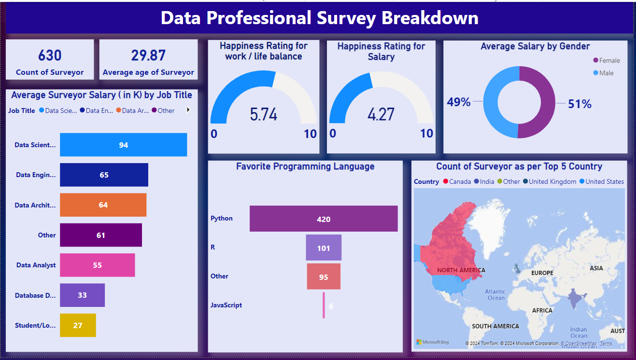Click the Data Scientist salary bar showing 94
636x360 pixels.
point(123,145)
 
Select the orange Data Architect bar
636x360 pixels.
point(103,205)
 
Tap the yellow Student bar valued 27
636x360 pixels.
point(78,325)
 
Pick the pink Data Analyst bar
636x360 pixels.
point(97,265)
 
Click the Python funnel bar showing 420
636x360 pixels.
point(324,219)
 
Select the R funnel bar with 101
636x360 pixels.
point(324,248)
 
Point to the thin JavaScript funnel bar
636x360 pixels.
point(324,305)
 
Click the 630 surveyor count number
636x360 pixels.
point(50,55)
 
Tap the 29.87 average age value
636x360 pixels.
point(148,55)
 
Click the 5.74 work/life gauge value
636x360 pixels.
point(264,114)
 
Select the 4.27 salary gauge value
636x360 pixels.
point(381,114)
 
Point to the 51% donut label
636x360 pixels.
point(579,104)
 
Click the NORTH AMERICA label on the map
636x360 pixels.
point(461,270)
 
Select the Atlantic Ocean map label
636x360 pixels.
point(495,294)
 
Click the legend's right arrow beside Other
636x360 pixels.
point(188,110)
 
